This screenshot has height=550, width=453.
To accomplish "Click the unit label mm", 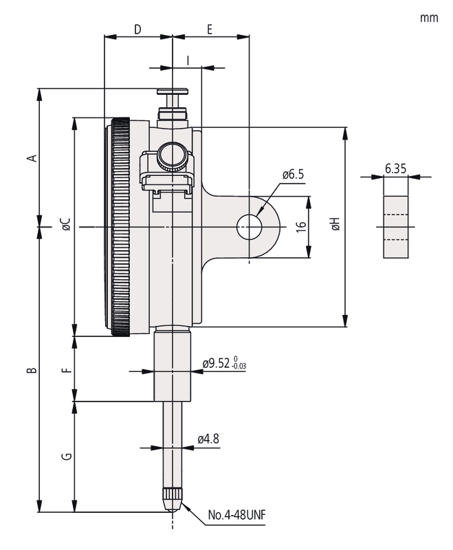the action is click(429, 18).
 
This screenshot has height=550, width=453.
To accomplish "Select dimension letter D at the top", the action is click(137, 29).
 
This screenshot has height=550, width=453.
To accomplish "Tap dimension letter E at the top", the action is click(210, 29).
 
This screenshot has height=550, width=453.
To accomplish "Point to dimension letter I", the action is click(188, 60).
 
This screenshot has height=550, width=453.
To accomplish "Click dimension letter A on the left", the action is click(32, 158).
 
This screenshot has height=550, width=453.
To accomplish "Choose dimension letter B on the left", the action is click(32, 370).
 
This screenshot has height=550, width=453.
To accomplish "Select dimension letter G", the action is click(67, 456).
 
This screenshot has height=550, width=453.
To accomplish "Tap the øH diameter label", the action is click(335, 224).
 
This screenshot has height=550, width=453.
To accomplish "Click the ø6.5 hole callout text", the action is click(294, 175).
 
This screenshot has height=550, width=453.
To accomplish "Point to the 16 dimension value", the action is click(301, 227).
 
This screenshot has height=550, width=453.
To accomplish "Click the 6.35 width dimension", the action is click(395, 168).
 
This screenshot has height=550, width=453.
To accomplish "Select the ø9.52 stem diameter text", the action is click(217, 364).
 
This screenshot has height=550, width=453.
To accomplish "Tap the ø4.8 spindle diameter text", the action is click(208, 439).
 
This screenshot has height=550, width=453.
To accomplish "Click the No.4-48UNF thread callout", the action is click(237, 515).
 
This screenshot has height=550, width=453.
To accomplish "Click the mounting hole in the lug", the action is click(250, 227).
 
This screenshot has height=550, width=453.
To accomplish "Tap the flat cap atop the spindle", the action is click(172, 91).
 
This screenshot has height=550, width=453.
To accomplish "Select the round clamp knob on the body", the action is click(172, 157).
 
